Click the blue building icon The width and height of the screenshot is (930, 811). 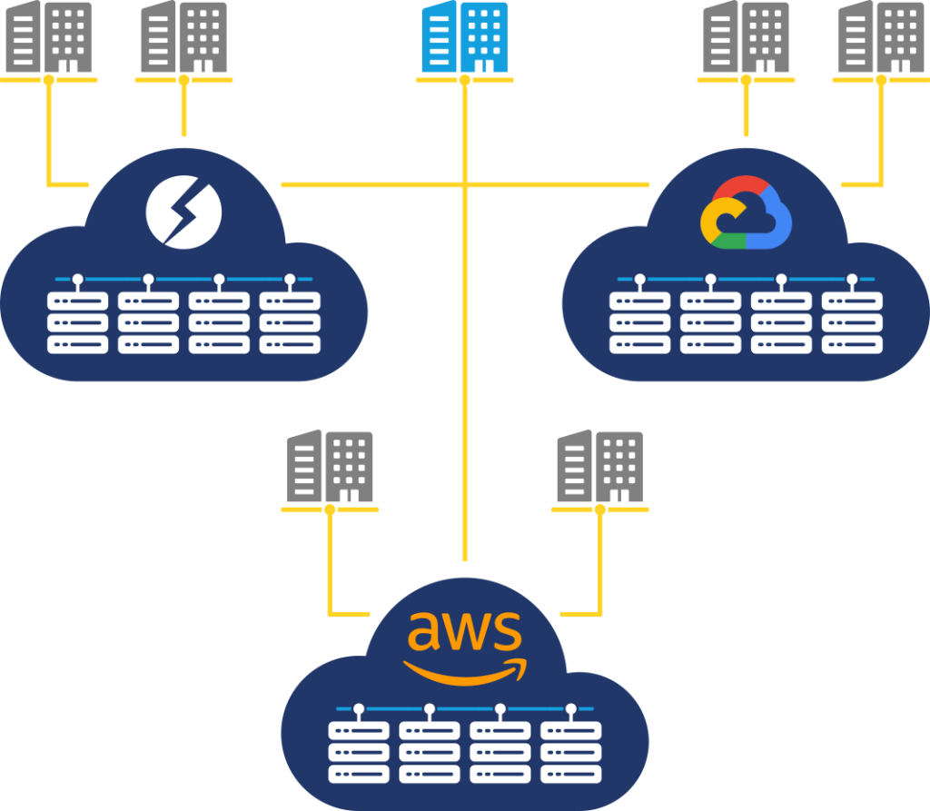point(464,37)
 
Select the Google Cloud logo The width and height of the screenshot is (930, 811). point(747,213)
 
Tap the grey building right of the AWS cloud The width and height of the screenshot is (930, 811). point(599,467)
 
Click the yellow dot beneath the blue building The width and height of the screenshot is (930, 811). point(465,80)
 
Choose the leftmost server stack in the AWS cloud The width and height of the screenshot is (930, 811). point(359,752)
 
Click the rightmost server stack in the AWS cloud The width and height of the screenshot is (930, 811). point(571,752)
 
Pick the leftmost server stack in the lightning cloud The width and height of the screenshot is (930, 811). point(77,322)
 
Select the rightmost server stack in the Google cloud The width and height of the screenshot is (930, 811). point(852,322)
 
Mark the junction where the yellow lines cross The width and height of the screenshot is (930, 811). point(465,185)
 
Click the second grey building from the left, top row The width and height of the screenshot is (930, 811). point(183,37)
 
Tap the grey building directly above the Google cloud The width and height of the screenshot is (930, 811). point(747,37)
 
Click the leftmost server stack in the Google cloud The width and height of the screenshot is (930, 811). point(639,322)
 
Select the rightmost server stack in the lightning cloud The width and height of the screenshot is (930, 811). point(290,322)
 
